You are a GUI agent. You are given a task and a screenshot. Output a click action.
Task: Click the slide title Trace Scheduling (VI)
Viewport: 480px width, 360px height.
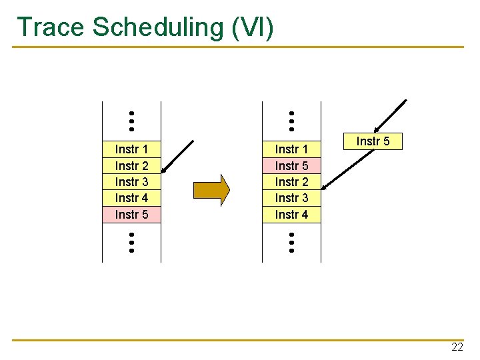145,27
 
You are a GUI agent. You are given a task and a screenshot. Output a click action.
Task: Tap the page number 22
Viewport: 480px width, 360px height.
457,347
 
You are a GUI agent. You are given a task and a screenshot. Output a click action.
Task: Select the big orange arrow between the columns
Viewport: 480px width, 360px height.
211,190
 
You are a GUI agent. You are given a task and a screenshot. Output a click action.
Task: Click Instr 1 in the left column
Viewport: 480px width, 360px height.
131,149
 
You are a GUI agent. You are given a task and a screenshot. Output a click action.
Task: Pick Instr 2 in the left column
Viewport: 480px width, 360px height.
131,165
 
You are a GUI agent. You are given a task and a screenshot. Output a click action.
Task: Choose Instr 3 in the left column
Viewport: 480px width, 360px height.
131,181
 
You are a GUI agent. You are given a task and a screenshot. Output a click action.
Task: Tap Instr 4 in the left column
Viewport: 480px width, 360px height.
131,198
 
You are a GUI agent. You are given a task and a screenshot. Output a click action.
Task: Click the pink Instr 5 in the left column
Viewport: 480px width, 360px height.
131,214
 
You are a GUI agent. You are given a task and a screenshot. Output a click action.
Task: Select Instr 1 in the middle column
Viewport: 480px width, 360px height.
291,149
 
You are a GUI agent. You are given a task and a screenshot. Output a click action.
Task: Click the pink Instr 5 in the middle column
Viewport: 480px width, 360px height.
291,165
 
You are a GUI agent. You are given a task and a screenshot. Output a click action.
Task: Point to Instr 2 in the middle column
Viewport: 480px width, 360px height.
291,181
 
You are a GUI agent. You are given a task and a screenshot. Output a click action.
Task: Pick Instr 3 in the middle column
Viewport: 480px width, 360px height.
291,198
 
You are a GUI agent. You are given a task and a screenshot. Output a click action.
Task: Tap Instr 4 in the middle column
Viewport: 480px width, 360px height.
291,214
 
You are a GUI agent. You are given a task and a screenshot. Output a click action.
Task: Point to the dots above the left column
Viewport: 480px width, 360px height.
132,121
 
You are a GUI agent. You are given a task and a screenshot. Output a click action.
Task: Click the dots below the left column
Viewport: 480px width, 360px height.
132,242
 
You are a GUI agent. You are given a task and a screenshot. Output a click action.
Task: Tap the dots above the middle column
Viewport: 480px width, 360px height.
292,121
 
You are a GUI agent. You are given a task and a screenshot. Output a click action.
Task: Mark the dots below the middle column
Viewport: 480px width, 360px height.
292,242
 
